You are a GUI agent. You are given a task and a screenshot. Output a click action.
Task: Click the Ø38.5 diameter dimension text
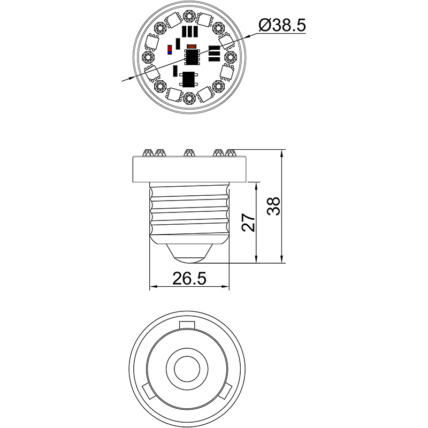tap(282, 25)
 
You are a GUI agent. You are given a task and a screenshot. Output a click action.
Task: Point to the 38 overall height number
tap(273, 206)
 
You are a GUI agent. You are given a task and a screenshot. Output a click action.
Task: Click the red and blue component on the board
tap(170, 50)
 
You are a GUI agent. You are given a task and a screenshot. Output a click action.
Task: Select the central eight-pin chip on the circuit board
tap(192, 56)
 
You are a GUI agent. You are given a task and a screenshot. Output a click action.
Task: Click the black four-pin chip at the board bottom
tap(189, 79)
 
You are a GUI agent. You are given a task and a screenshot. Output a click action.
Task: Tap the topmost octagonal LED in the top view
tap(189, 14)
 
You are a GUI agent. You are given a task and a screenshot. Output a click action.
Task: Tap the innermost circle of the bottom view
tap(189, 367)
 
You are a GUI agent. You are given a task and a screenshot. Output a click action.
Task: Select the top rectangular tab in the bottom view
tap(189, 325)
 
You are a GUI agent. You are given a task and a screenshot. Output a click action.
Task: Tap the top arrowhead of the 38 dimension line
tap(282, 152)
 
